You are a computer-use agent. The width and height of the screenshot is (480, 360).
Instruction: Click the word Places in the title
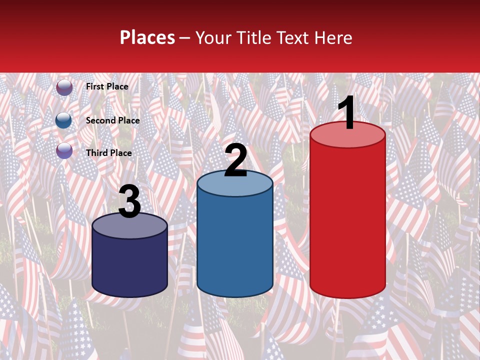(x=147, y=38)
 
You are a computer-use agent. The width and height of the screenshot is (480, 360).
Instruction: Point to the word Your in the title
(x=214, y=38)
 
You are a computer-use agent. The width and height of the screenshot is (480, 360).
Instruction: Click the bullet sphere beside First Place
(x=64, y=87)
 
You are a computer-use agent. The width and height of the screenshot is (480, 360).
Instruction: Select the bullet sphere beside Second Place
(x=64, y=120)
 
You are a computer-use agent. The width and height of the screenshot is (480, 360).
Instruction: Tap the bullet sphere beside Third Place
(x=64, y=151)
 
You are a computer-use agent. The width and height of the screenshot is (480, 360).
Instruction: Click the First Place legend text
(x=107, y=86)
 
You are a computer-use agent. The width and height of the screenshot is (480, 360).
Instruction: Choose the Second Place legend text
(x=112, y=120)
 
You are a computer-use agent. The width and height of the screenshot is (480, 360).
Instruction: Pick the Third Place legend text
(x=109, y=153)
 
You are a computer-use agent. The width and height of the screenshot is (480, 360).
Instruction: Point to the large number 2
(x=235, y=160)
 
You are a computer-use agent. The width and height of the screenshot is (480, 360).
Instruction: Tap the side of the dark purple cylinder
(x=129, y=265)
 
